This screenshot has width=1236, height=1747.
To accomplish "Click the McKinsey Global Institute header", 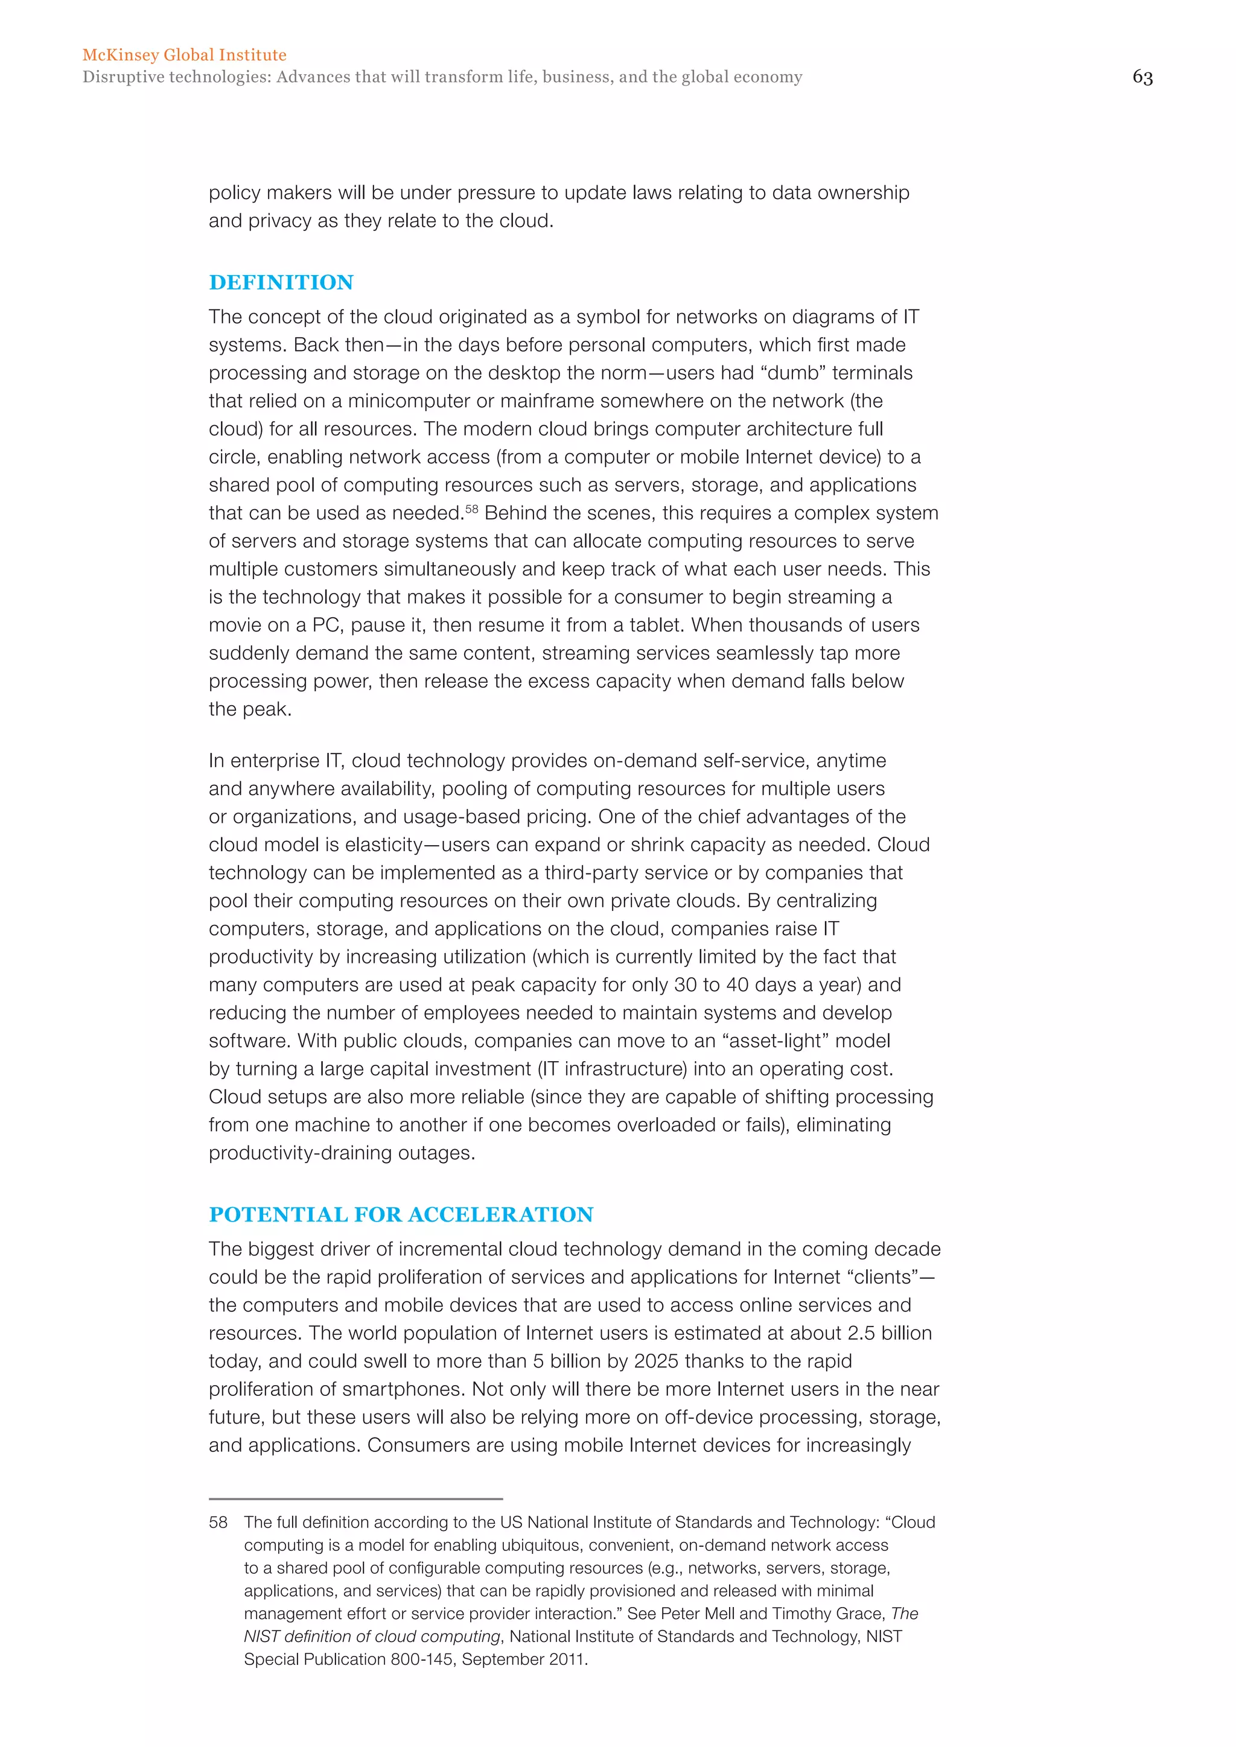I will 184,55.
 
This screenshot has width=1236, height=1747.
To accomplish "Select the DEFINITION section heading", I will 281,282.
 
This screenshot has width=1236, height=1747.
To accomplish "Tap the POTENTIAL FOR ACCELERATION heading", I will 401,1214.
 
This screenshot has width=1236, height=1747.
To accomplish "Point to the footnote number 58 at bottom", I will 218,1523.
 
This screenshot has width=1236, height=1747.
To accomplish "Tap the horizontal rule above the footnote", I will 355,1499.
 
